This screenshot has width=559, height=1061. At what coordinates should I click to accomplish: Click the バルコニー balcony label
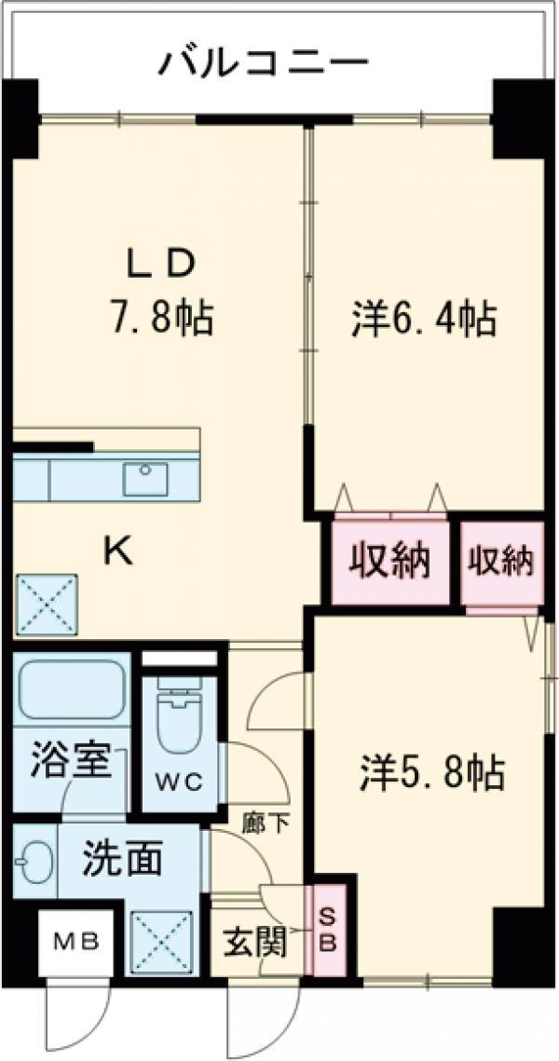click(x=264, y=64)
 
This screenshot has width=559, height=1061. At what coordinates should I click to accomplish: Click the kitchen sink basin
click(x=145, y=479)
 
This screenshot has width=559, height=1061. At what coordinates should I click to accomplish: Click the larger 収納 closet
click(x=389, y=562)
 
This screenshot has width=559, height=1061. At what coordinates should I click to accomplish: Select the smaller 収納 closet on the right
click(x=501, y=562)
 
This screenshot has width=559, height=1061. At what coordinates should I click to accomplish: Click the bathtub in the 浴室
click(x=71, y=692)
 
